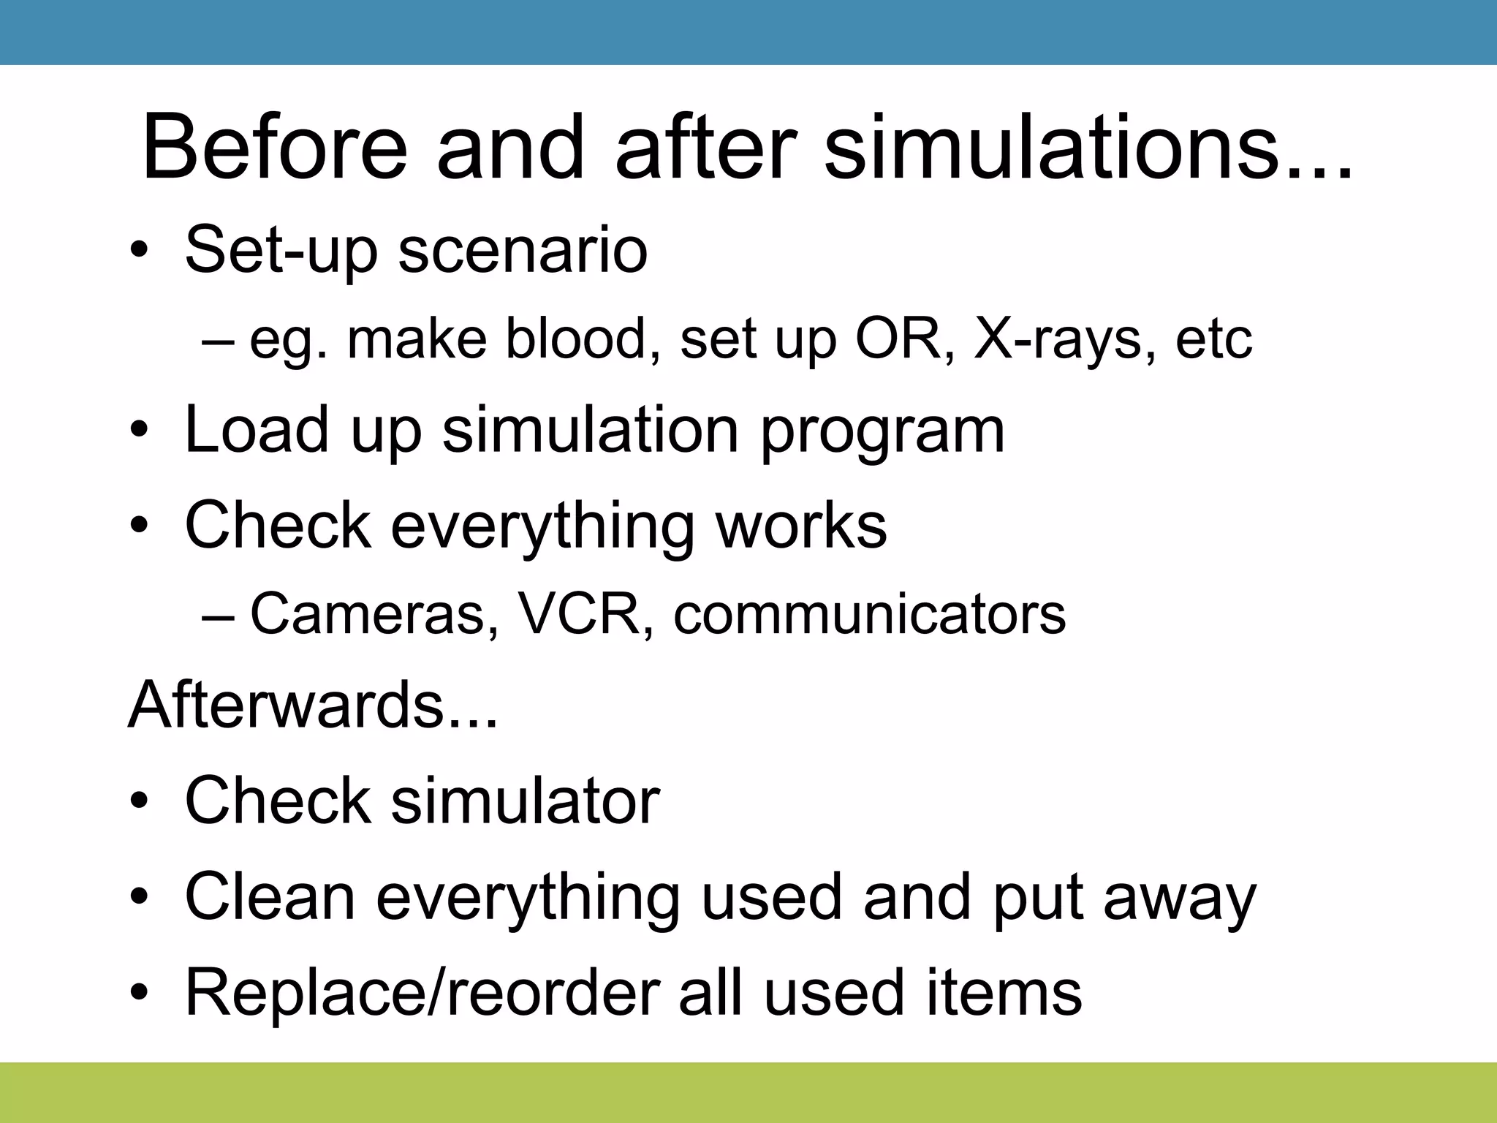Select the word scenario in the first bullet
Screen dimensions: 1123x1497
pyautogui.click(x=523, y=251)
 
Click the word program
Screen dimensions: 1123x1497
pyautogui.click(x=882, y=431)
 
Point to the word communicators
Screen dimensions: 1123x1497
pyautogui.click(x=869, y=614)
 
